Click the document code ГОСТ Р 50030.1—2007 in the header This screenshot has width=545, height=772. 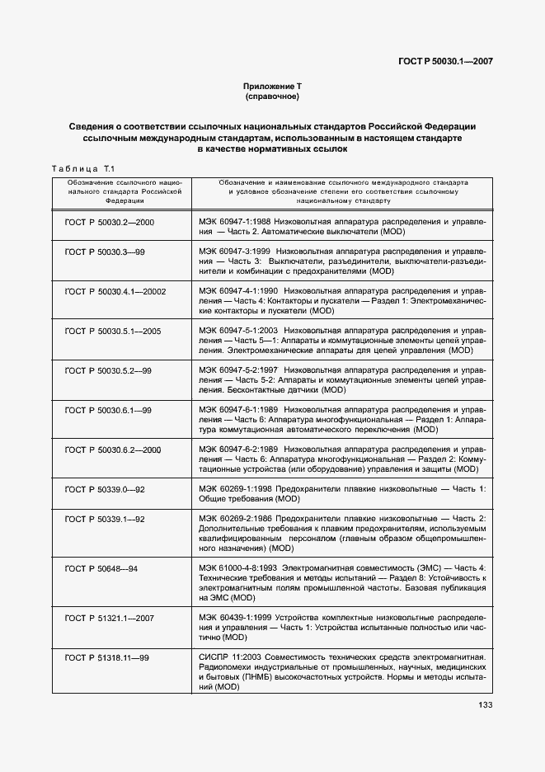pos(445,61)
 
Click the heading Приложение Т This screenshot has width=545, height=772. pos(271,86)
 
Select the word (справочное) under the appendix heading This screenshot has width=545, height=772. pos(271,96)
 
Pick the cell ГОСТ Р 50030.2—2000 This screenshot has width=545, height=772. pos(109,223)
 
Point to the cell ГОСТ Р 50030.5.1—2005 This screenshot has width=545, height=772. pos(111,331)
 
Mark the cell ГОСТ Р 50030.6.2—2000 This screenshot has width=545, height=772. pos(111,450)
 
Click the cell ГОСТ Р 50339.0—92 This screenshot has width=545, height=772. pos(104,489)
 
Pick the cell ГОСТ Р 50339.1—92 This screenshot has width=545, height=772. pos(104,519)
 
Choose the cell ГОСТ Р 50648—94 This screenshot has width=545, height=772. pos(100,568)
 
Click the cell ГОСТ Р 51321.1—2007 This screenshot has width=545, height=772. pos(109,618)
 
